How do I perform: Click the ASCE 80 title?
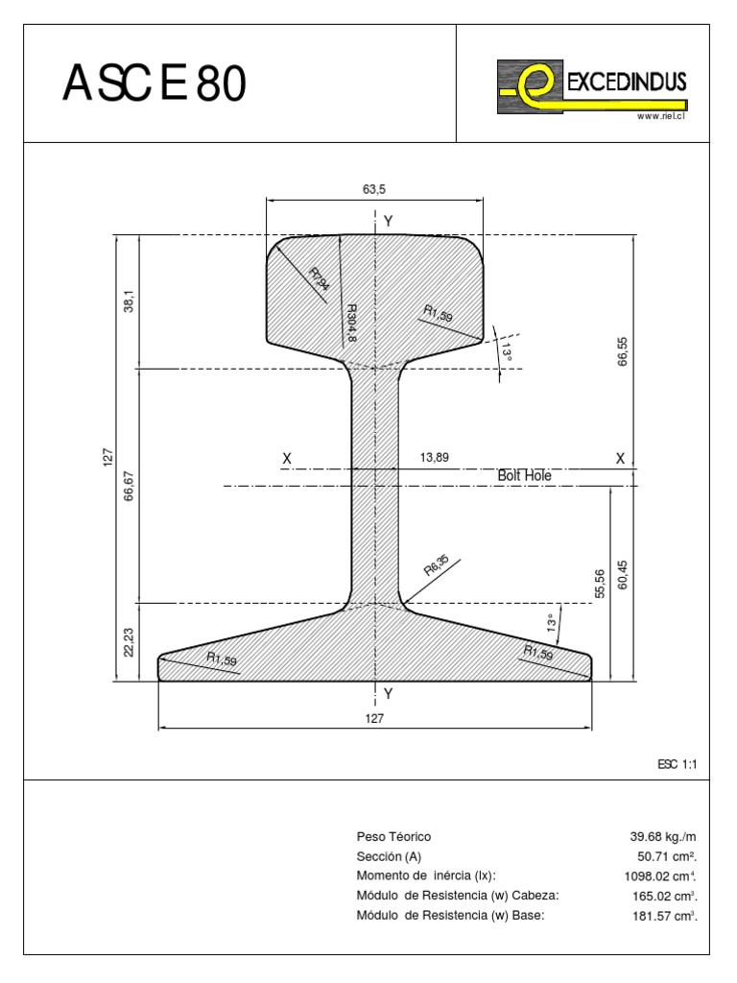(155, 85)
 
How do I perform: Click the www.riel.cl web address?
(661, 116)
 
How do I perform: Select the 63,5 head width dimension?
(374, 190)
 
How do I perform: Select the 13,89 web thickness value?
(435, 458)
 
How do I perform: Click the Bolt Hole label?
(524, 475)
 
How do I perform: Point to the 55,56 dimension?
(600, 584)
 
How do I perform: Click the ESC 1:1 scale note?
(676, 764)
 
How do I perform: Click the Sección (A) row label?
(389, 856)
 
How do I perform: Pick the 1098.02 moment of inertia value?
(659, 876)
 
